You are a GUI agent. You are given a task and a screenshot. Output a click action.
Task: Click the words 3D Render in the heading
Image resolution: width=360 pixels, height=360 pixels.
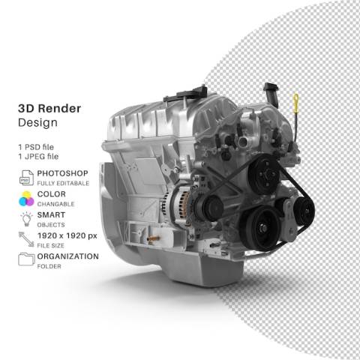point(49,109)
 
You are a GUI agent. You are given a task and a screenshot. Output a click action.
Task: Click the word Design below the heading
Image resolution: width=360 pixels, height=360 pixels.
point(37,122)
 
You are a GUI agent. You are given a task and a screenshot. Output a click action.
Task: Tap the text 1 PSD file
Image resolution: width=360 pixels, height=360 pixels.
point(36,147)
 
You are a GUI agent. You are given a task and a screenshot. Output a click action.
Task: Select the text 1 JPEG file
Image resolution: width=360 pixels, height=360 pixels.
point(38,157)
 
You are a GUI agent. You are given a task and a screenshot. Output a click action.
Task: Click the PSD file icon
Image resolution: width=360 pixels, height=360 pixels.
point(26,178)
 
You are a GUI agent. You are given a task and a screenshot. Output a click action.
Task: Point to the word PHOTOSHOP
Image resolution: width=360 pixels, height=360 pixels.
point(62,173)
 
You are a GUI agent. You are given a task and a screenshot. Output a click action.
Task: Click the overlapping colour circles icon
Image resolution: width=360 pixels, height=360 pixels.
point(26,199)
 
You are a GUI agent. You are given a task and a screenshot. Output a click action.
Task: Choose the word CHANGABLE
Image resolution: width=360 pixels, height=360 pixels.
point(55,204)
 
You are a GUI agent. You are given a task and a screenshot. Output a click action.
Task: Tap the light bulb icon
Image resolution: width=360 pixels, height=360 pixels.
point(26,219)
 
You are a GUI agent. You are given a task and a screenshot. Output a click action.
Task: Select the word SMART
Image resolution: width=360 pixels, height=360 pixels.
point(51,214)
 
